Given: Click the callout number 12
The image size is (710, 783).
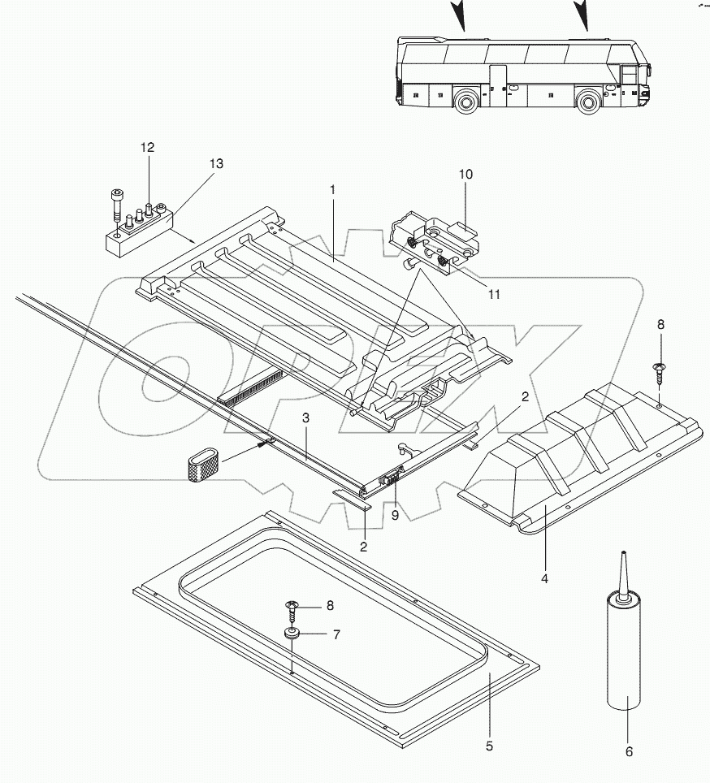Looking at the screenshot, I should pyautogui.click(x=147, y=147).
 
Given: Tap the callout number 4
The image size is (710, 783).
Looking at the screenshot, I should pyautogui.click(x=545, y=578).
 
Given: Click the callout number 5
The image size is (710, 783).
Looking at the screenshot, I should pyautogui.click(x=489, y=744).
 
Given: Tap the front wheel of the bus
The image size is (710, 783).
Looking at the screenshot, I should pyautogui.click(x=591, y=102).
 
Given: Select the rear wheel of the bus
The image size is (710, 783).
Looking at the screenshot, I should pyautogui.click(x=465, y=102).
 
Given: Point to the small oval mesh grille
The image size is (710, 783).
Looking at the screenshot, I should pyautogui.click(x=201, y=465).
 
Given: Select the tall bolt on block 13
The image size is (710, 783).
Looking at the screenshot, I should pyautogui.click(x=119, y=208).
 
